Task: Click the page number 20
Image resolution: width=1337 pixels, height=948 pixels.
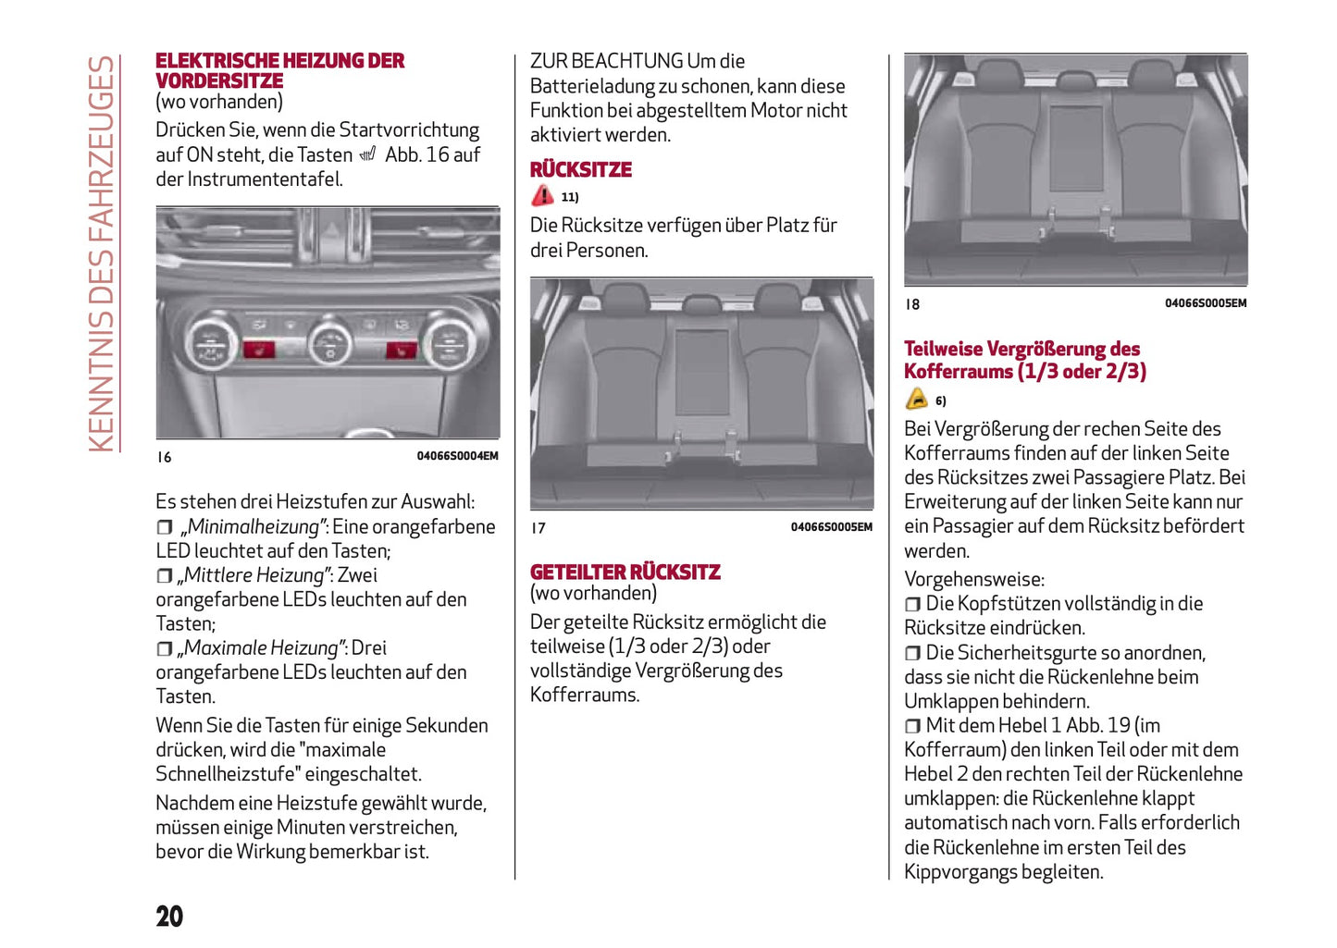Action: tap(169, 916)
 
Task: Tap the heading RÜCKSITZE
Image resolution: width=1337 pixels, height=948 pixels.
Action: tap(580, 169)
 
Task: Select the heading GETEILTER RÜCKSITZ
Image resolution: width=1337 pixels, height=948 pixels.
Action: tap(625, 572)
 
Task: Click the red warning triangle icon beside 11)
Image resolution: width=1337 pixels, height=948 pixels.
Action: tap(542, 195)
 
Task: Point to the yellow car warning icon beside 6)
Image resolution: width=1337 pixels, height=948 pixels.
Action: tap(916, 399)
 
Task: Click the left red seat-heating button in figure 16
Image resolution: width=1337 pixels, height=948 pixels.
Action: tap(258, 349)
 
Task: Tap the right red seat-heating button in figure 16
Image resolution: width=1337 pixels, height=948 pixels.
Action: tap(400, 350)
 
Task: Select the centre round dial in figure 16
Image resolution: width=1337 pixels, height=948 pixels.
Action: tap(329, 343)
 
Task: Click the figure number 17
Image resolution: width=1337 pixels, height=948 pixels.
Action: tap(539, 528)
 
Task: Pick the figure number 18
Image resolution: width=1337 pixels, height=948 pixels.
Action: tap(912, 304)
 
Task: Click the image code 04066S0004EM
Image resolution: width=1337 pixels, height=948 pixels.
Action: tap(457, 456)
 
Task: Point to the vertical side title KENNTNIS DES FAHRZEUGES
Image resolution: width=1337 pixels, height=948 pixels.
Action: tap(101, 254)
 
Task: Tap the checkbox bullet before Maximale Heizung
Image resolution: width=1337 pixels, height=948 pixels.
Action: tap(164, 648)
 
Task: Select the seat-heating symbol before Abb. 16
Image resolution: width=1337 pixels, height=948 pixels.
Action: tap(368, 154)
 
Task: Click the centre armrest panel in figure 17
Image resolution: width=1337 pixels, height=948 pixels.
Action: tap(701, 372)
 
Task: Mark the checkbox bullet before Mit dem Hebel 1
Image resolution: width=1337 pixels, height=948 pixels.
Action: tap(912, 726)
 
